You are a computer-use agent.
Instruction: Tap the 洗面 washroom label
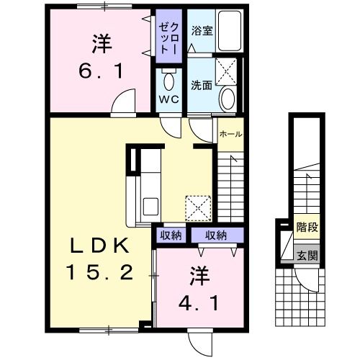pos(201,84)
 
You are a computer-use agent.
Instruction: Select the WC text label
pos(168,99)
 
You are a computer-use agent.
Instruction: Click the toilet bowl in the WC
pos(169,78)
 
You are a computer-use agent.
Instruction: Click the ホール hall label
pos(230,134)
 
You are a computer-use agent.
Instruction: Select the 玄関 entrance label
pos(307,254)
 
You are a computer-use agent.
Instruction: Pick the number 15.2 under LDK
pos(99,272)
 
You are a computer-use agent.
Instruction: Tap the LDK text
pos(100,246)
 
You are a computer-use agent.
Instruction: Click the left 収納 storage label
pos(171,235)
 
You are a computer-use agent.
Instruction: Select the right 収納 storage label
pos(216,235)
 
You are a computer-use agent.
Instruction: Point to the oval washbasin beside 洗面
pos(229,96)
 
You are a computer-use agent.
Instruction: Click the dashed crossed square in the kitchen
pos(198,207)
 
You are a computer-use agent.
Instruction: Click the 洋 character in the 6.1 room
pos(101,43)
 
